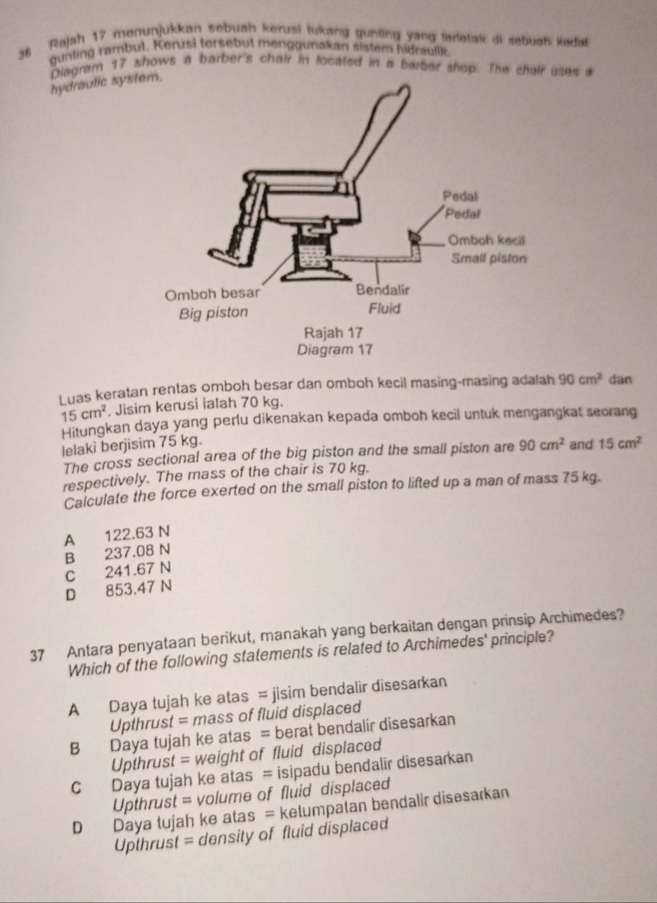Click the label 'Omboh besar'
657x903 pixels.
pyautogui.click(x=213, y=295)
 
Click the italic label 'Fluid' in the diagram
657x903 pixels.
pyautogui.click(x=385, y=309)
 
